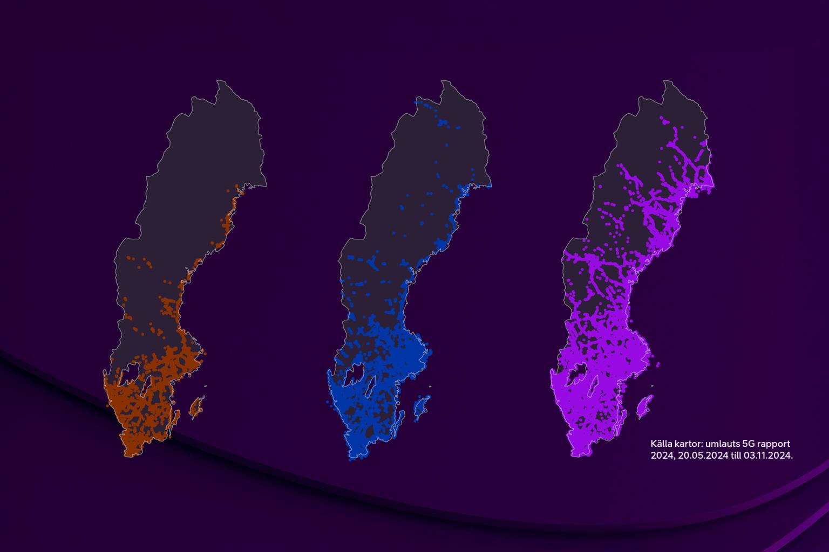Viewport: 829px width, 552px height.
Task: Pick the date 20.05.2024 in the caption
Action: [696, 456]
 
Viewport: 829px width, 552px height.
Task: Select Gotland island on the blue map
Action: [420, 406]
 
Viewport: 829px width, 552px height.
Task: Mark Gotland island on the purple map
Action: [644, 406]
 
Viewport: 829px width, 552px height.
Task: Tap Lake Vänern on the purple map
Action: [576, 372]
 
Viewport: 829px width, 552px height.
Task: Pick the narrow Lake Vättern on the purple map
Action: [594, 384]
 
